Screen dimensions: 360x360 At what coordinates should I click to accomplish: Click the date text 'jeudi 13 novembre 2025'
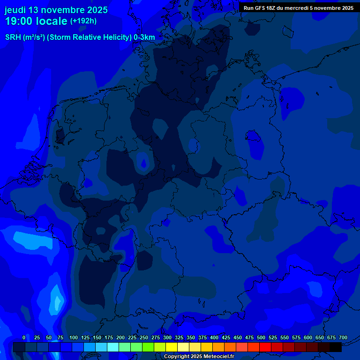coord(56,10)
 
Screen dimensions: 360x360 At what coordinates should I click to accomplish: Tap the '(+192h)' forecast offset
coord(83,21)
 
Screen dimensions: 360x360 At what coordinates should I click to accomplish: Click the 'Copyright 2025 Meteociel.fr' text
coord(199,357)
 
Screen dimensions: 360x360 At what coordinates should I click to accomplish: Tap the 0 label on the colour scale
coord(24,337)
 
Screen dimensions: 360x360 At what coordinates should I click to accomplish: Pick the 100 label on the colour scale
coord(74,337)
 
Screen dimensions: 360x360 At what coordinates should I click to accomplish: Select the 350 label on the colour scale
coord(191,337)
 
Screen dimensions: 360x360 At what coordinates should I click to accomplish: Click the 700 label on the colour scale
coord(343,337)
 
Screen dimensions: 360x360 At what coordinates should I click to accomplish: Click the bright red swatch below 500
coord(265,347)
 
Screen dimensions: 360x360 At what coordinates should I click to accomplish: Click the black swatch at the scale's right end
coord(336,347)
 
